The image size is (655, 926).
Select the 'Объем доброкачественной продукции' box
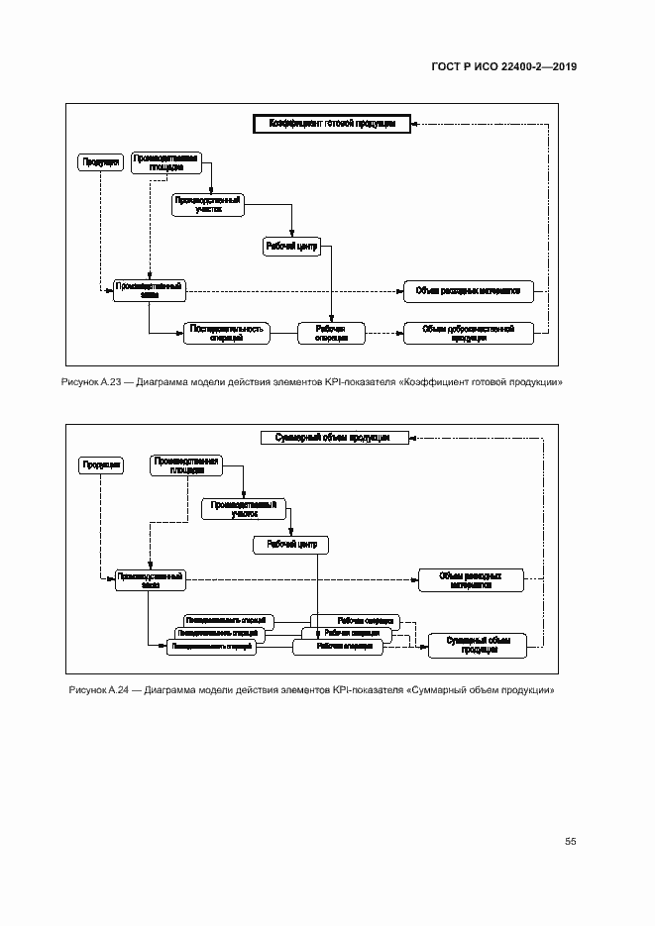468,334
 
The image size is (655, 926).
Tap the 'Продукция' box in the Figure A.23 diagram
95,161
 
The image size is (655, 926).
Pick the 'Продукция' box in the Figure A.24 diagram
102,463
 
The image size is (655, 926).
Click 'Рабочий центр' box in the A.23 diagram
291,247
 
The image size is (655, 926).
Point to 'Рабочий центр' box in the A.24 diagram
291,544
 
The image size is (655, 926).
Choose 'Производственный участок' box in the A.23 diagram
208,204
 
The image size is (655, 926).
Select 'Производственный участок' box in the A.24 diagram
245,509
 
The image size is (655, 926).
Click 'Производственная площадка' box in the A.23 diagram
166,162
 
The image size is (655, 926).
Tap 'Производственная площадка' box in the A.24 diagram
185,464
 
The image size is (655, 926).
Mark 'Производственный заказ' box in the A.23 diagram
149,289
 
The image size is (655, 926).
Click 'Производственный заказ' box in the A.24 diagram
151,580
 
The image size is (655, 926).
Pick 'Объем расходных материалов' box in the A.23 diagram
469,291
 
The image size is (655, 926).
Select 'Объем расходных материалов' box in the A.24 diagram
470,580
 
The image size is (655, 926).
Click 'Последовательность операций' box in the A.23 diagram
227,334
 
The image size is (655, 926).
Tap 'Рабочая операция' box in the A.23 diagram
331,334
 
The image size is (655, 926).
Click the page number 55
571,842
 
